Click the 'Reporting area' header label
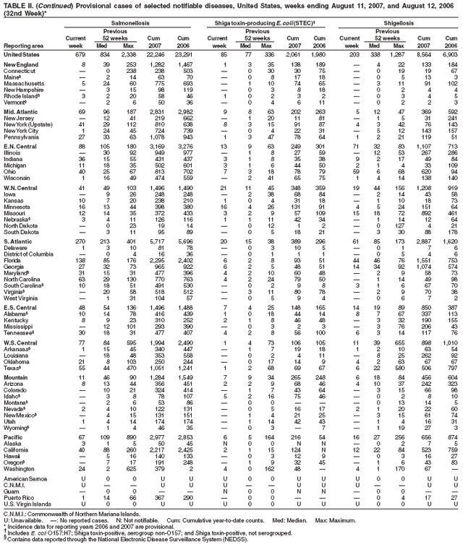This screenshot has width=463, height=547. tap(22, 45)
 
